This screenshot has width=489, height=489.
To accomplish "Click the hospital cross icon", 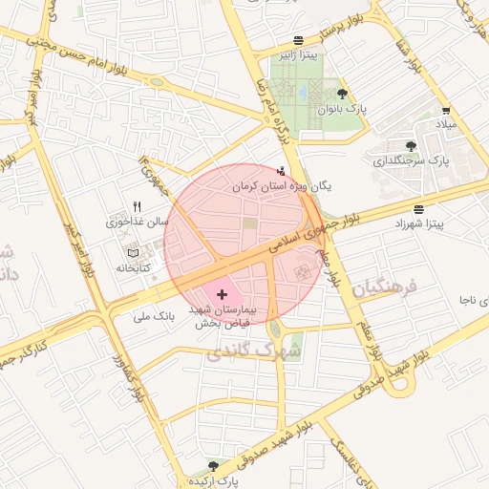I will [x=223, y=295].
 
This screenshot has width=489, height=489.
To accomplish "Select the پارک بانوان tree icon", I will [x=343, y=94].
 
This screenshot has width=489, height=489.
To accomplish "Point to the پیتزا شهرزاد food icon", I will [x=420, y=208].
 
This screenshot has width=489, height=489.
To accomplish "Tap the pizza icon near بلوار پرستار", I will [x=299, y=41].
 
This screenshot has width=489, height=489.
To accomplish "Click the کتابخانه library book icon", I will [x=133, y=253].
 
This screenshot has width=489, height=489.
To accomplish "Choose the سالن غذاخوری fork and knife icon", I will [x=138, y=206].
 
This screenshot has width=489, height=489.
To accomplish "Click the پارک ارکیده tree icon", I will [x=213, y=466].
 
